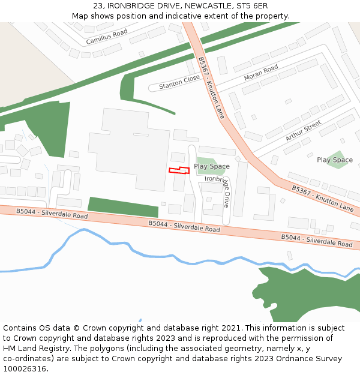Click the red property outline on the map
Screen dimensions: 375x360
pyautogui.click(x=179, y=170)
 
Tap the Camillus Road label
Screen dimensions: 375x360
pyautogui.click(x=107, y=37)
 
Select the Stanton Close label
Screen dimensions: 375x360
pyautogui.click(x=179, y=82)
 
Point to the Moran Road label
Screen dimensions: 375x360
pyautogui.click(x=261, y=73)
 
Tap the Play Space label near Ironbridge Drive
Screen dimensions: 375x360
pyautogui.click(x=211, y=166)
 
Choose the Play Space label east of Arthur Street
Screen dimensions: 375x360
pyautogui.click(x=334, y=160)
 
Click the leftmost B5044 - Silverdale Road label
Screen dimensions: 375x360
pyautogui.click(x=52, y=214)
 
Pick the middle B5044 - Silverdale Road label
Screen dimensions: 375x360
pyautogui.click(x=184, y=226)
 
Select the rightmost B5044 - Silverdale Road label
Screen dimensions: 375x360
pyautogui.click(x=317, y=241)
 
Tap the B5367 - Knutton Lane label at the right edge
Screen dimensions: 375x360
pyautogui.click(x=323, y=198)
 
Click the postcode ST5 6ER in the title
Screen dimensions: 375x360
pyautogui.click(x=252, y=6)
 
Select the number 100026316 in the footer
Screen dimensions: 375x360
pyautogui.click(x=26, y=368)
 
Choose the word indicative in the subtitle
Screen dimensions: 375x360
pyautogui.click(x=179, y=16)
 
